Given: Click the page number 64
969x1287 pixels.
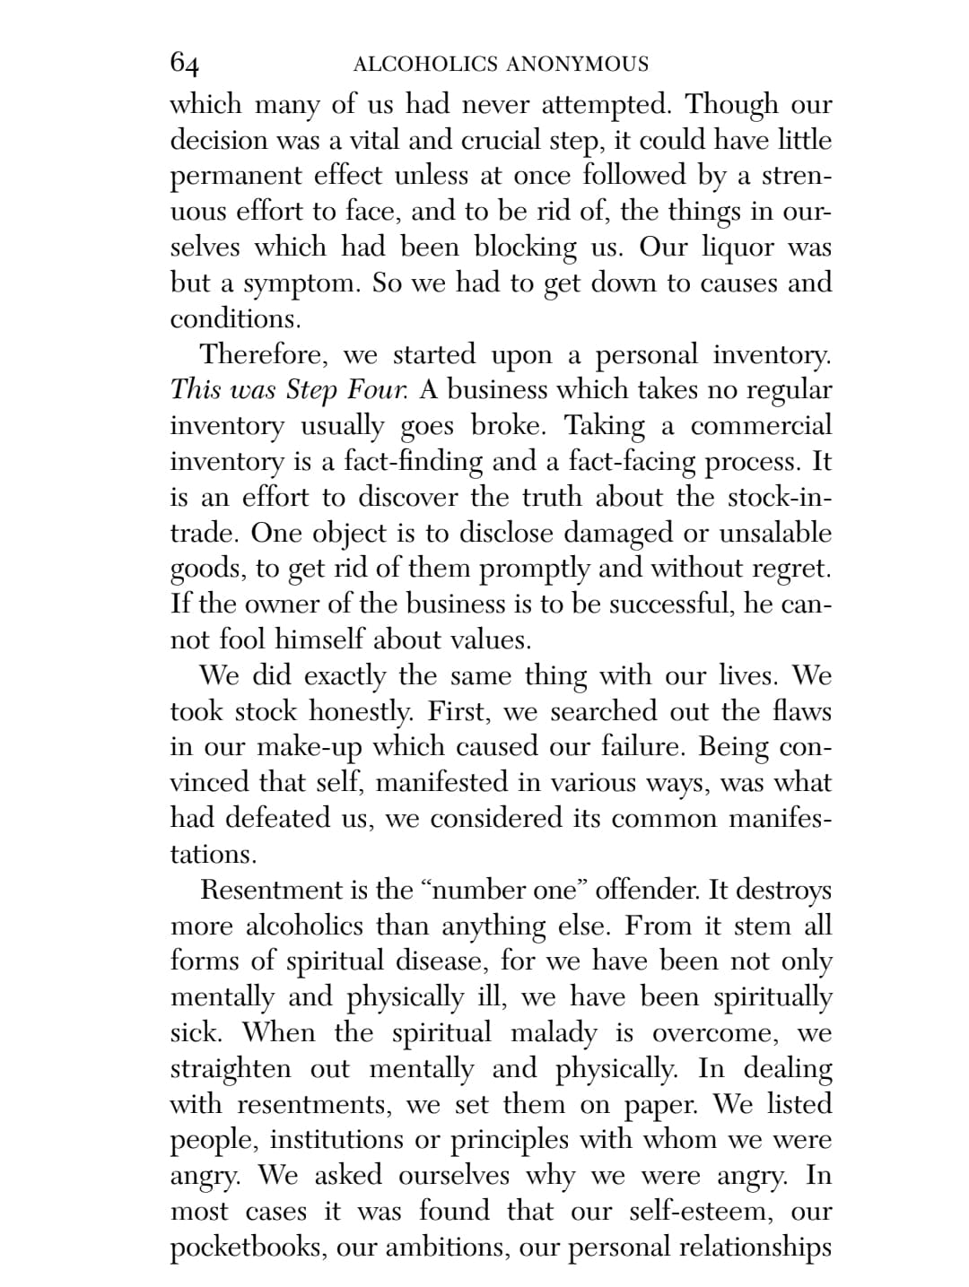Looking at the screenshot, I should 185,63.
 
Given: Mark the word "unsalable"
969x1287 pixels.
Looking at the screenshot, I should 775,533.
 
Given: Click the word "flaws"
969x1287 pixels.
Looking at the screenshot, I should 801,711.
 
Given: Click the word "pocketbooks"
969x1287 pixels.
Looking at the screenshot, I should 247,1248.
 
